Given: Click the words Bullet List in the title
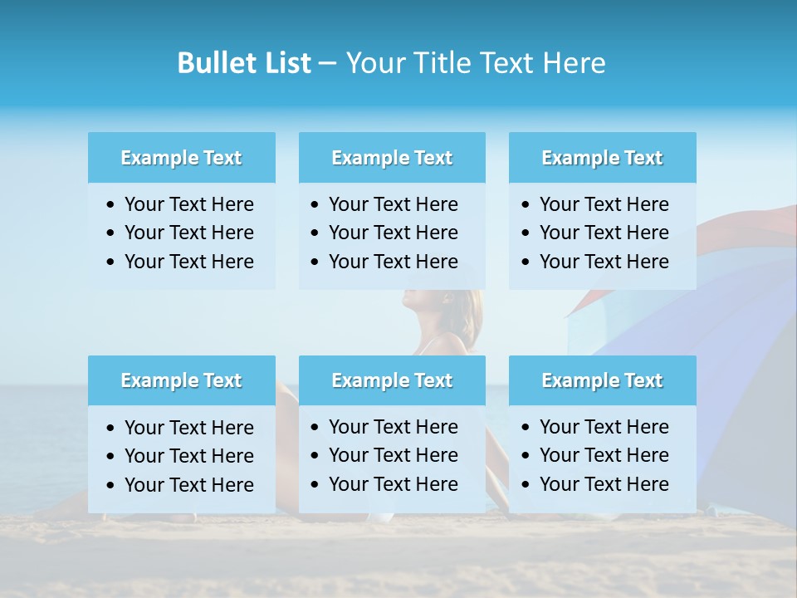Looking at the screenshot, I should point(244,63).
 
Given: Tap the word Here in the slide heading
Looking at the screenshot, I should point(573,63).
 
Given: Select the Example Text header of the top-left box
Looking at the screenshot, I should point(181,158).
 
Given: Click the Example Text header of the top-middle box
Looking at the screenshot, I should point(392,158).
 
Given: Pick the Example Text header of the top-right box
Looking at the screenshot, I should point(602,158).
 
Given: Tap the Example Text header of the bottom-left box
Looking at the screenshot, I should point(181,380).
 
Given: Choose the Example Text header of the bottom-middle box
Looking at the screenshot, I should point(392,380).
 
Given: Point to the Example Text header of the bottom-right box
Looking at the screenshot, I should point(602,380).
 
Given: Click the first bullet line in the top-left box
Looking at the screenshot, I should point(188,204).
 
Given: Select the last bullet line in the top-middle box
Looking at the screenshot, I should point(393,262).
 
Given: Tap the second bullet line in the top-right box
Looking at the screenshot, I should point(604,233).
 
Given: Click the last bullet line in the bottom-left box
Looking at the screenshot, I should point(188,485).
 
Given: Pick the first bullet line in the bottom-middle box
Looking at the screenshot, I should point(393,427).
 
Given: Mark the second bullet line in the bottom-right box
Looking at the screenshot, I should point(604,455).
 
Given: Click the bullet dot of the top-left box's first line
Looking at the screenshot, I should point(111,205).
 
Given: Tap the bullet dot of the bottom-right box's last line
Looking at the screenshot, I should point(526,485).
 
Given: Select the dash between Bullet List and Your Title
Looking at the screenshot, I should point(327,64).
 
